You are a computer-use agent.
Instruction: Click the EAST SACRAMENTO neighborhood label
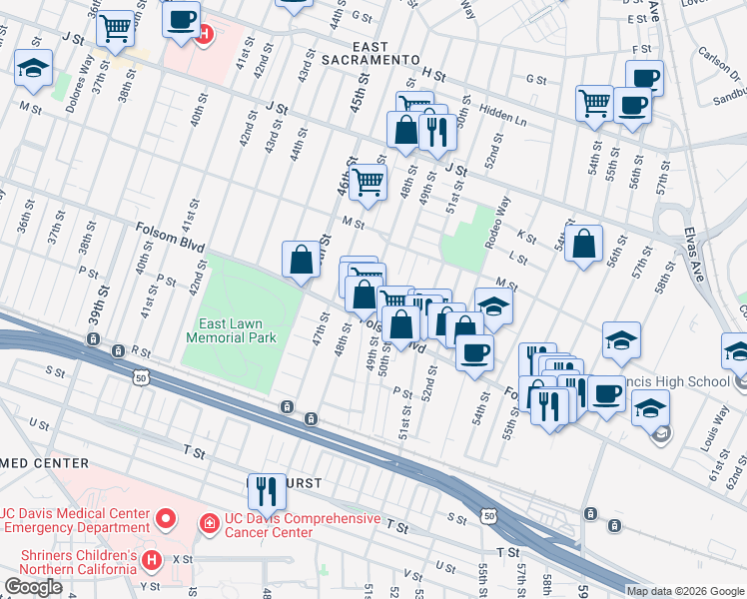pyautogui.click(x=368, y=53)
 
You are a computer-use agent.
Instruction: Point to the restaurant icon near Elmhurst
pyautogui.click(x=267, y=490)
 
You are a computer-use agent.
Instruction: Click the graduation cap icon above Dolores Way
pyautogui.click(x=33, y=67)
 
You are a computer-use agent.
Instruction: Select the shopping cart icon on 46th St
pyautogui.click(x=369, y=182)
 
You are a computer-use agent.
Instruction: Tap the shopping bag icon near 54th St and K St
pyautogui.click(x=584, y=244)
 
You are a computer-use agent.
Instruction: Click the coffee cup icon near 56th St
pyautogui.click(x=644, y=76)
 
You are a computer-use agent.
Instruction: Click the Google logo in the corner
pyautogui.click(x=33, y=587)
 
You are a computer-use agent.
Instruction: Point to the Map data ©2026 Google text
pyautogui.click(x=684, y=591)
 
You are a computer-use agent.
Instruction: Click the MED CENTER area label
pyautogui.click(x=45, y=463)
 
